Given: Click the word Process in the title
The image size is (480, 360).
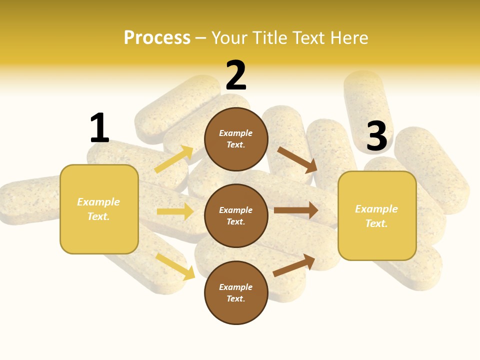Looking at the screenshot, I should pos(157,38).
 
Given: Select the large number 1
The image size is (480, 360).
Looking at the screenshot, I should pos(99,128).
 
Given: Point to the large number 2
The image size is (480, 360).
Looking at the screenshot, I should pos(236,76).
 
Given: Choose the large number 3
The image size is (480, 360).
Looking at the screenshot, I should pos(376,136).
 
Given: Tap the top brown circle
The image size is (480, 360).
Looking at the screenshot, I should pos(236,139).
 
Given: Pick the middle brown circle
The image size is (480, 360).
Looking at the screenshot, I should pos(236,215).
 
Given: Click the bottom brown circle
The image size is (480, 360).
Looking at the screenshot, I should pos(236,292).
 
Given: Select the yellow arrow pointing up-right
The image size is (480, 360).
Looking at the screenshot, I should pos(174,159).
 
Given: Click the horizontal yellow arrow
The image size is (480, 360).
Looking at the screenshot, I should pos(175,211).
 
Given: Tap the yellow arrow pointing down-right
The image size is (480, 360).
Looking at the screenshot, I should pos(175,266).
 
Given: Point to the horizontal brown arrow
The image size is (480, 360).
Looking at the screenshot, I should pos(296,210).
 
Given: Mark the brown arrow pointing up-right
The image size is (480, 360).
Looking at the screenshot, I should pos(294,265).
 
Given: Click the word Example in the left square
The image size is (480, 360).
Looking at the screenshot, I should pos(98,202).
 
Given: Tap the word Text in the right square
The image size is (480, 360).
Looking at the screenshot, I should pos(376,223).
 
